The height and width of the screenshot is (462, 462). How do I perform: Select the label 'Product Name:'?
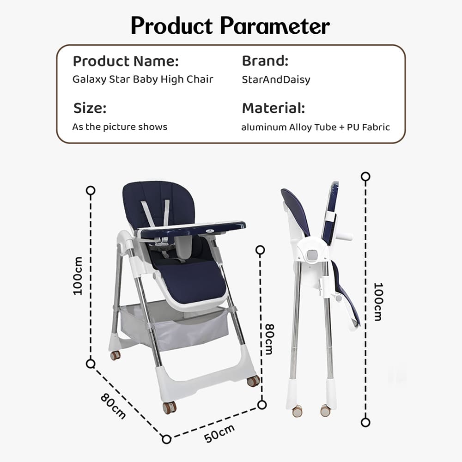coord(126,61)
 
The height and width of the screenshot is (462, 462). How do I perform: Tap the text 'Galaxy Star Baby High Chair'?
coord(143,79)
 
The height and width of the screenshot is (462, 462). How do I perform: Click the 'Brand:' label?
coord(265,61)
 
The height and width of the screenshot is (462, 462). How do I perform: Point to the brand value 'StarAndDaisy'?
coord(276,79)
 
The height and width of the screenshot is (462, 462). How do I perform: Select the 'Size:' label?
coord(90,109)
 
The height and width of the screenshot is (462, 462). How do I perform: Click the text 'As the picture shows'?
coord(120,127)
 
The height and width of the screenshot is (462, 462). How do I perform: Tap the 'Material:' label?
coord(274,109)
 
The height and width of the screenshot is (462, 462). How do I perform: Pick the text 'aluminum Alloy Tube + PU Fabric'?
coord(316,127)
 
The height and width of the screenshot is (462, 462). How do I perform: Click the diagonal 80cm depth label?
coord(113,405)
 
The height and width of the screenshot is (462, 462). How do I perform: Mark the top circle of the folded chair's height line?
coord(366,176)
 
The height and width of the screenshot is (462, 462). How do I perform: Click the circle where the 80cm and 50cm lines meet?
coord(166,438)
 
